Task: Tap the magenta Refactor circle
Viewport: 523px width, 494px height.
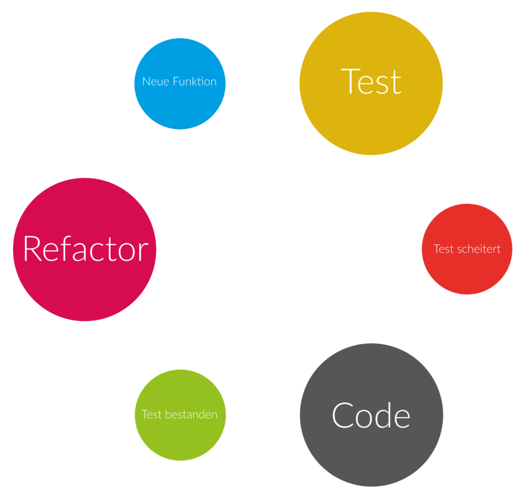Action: tap(85, 285)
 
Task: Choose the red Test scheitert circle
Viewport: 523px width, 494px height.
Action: tap(466, 269)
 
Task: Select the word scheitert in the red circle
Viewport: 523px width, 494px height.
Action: tap(479, 249)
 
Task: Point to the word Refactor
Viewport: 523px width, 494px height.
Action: tap(86, 249)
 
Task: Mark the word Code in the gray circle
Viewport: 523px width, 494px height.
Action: tap(371, 416)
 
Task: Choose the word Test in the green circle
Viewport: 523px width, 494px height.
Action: tap(151, 414)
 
